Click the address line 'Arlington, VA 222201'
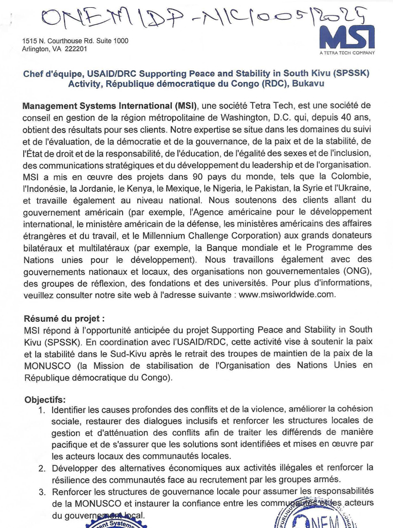[x=54, y=49]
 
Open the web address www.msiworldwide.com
[x=287, y=295]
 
